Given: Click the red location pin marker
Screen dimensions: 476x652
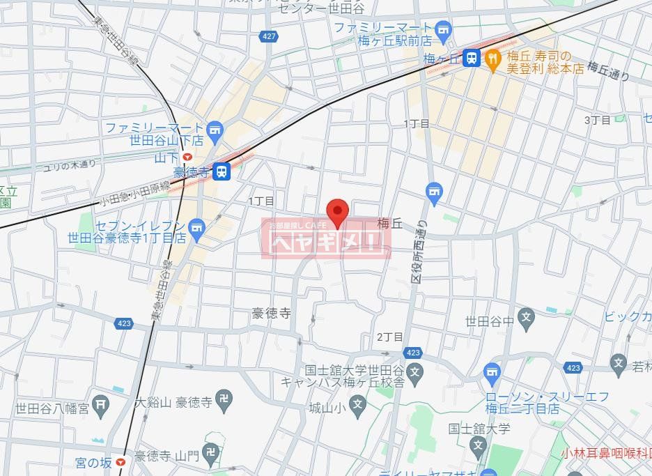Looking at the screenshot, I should [x=338, y=211].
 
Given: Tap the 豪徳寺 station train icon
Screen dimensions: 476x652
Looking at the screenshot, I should [x=222, y=171].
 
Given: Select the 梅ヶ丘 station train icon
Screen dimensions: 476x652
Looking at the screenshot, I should [x=472, y=58].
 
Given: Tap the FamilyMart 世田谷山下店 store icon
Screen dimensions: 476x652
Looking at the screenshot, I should [x=215, y=129].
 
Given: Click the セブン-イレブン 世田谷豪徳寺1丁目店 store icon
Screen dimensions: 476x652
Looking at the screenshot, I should [x=197, y=227].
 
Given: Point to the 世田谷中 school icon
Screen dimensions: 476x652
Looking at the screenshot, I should [x=527, y=321].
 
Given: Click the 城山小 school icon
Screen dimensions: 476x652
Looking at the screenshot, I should [x=357, y=404].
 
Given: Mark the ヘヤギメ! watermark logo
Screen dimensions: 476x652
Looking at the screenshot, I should [x=326, y=239].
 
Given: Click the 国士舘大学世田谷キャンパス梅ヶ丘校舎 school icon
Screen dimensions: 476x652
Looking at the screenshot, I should [x=416, y=370].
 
